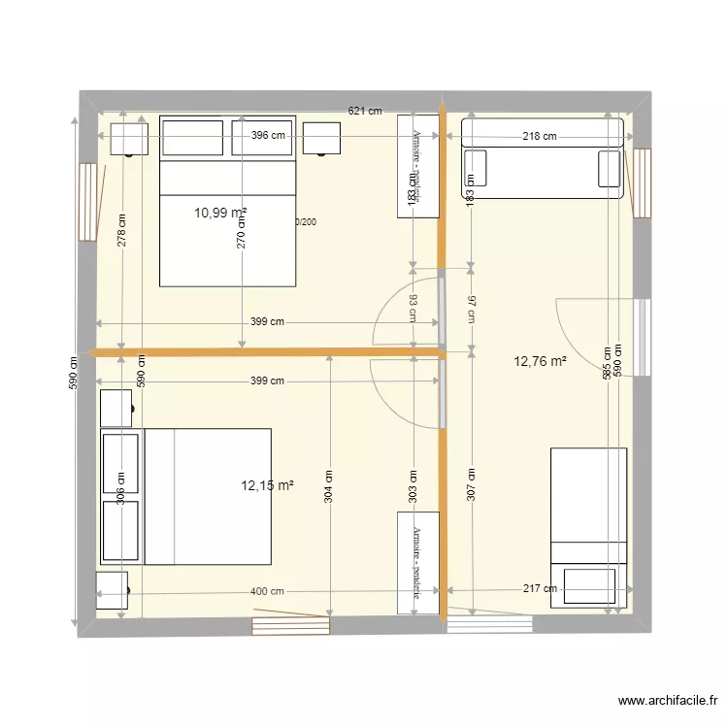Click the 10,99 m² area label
point(219,213)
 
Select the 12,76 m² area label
point(540,362)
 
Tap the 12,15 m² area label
point(267,485)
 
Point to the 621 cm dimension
point(365,112)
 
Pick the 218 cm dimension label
point(540,137)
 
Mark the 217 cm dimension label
point(540,588)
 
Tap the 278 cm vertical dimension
point(122,231)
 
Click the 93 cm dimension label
point(414,308)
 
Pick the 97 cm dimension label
point(471,309)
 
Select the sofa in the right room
point(542,159)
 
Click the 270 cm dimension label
point(242,232)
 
